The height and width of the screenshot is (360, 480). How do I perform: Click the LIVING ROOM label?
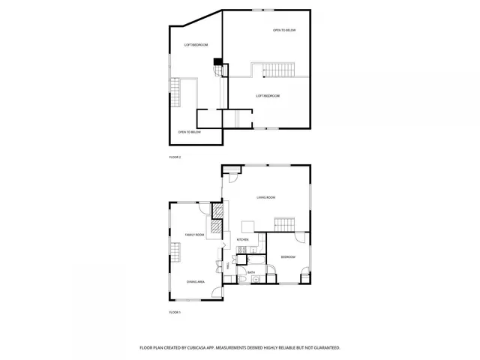tap(266, 197)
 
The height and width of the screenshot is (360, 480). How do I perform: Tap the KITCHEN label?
tap(243, 240)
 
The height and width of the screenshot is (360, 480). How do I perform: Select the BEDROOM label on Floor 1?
tap(288, 256)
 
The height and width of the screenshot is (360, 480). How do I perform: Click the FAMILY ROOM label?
tap(195, 235)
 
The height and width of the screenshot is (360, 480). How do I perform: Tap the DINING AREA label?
tap(195, 281)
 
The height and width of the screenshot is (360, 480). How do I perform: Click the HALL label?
tap(227, 266)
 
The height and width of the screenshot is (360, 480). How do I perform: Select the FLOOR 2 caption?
tap(175, 157)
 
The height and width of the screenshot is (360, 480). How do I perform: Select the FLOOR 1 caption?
tap(175, 311)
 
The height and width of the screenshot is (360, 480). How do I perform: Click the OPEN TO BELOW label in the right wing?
tap(284, 30)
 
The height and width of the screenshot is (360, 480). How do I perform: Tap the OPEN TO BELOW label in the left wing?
tap(189, 132)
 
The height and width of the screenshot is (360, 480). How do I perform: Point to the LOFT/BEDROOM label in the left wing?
tap(196, 46)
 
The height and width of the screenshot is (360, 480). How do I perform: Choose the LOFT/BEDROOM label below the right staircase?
tap(268, 96)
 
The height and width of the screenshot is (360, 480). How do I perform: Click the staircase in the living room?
tap(285, 224)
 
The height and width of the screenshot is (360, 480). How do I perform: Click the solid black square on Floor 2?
tap(217, 61)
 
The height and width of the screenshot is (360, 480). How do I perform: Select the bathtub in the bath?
tap(244, 279)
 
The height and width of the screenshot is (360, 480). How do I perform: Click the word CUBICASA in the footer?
tap(218, 348)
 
